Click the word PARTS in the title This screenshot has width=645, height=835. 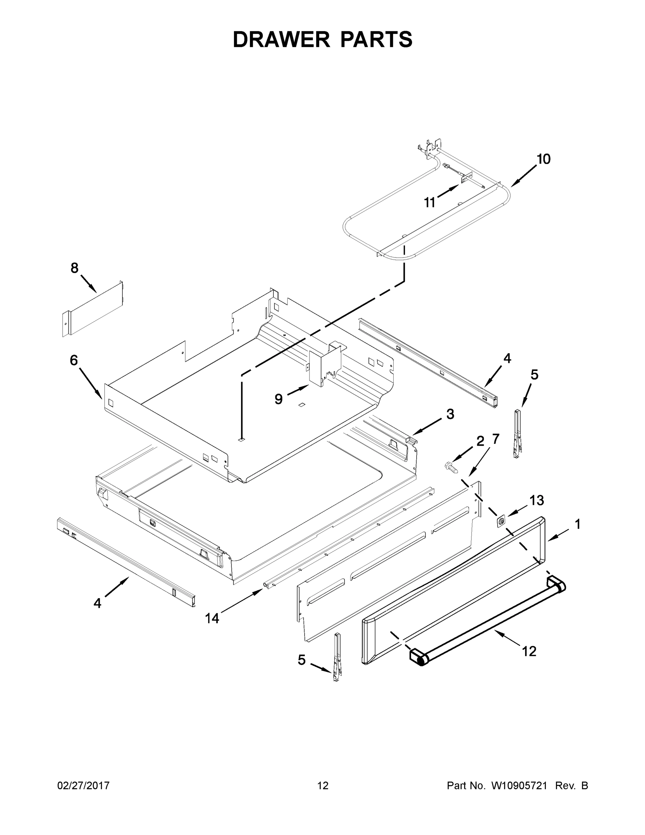tap(376, 39)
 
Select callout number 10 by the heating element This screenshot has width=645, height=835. tap(543, 159)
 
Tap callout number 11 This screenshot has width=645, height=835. tap(430, 202)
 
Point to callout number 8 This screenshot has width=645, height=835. tap(74, 268)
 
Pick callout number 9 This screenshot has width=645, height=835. tap(279, 399)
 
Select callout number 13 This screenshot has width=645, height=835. tap(537, 500)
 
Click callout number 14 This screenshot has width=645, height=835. tap(212, 618)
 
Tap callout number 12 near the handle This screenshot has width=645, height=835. tap(529, 651)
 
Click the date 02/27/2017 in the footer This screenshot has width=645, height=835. tap(83, 786)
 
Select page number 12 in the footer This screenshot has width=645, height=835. tap(323, 786)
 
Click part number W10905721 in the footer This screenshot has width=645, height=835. tap(519, 786)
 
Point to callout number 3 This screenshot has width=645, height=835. tap(450, 414)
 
